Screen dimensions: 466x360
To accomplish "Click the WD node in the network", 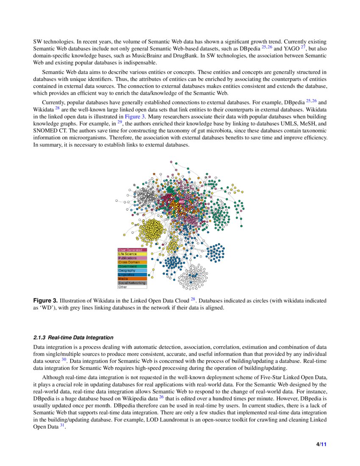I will point(181,202).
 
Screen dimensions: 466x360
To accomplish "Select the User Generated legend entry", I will point(130,250).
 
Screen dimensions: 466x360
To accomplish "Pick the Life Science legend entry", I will point(127,254).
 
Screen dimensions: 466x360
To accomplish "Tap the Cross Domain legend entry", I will point(129,262).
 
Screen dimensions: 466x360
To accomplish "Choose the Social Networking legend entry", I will point(132,283).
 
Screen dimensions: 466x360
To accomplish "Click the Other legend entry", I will point(123,287).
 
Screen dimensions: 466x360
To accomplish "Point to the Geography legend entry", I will point(127,270).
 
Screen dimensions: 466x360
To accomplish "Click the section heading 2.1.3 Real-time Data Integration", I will point(73,338).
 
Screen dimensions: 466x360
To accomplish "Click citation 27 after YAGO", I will point(302,47).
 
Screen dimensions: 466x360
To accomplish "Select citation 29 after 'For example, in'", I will point(119,122).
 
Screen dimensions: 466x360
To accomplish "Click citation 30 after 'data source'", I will point(64,359).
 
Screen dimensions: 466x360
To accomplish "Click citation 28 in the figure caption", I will point(193,300).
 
